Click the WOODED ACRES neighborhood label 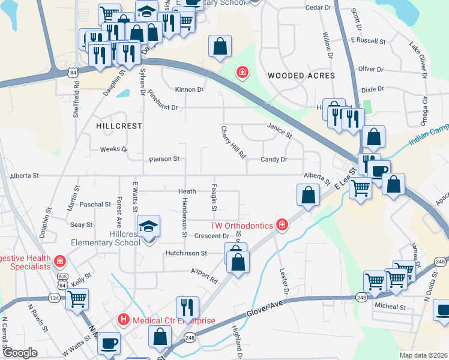pyautogui.click(x=301, y=76)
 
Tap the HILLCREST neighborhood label pyautogui.click(x=119, y=126)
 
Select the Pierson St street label pyautogui.click(x=164, y=159)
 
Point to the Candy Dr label pyautogui.click(x=274, y=160)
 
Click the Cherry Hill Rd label pyautogui.click(x=234, y=142)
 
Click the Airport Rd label pyautogui.click(x=204, y=275)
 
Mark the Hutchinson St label pyautogui.click(x=186, y=253)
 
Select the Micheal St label pyautogui.click(x=390, y=307)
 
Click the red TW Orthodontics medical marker pyautogui.click(x=282, y=226)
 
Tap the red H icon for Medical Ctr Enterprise pyautogui.click(x=124, y=320)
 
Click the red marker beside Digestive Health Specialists pyautogui.click(x=59, y=261)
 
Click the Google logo pyautogui.click(x=20, y=353)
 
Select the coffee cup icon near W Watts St pyautogui.click(x=109, y=344)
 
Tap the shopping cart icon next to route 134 pyautogui.click(x=77, y=298)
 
